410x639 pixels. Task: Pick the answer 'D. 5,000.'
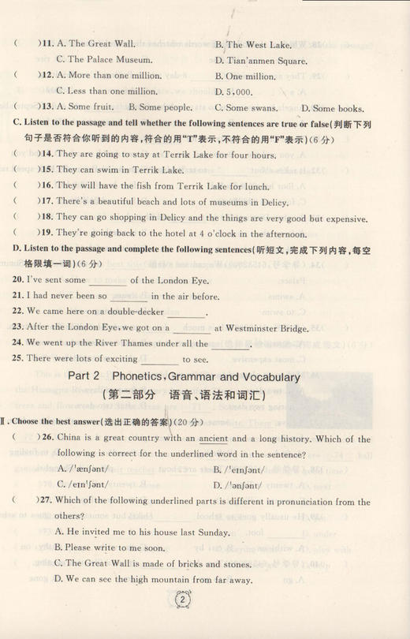pyautogui.click(x=234, y=92)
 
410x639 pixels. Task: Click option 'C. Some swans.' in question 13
pyautogui.click(x=248, y=107)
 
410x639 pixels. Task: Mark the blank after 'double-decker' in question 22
pyautogui.click(x=186, y=312)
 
